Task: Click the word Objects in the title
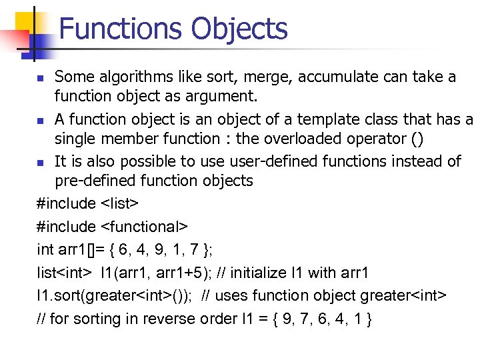pos(239,29)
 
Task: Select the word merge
pos(268,77)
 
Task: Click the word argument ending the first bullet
pos(221,97)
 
